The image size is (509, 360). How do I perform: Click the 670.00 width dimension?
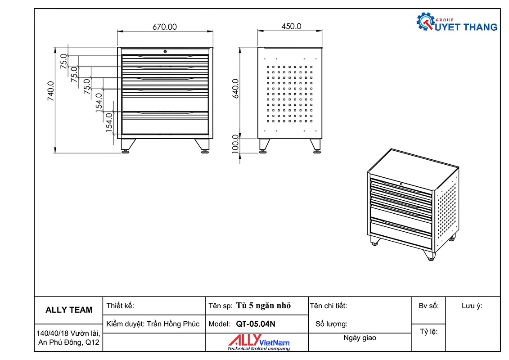[x=165, y=27]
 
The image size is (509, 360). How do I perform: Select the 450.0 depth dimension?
[x=291, y=27]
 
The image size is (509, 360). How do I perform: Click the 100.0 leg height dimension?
[x=235, y=144]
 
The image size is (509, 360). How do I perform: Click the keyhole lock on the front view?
[x=165, y=51]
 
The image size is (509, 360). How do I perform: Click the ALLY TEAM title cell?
[x=69, y=310]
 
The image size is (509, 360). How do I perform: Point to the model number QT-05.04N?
[x=255, y=324]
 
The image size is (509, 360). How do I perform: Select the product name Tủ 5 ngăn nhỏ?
[x=263, y=306]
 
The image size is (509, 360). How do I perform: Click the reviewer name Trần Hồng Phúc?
[x=173, y=324]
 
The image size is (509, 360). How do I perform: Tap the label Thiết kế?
[x=120, y=306]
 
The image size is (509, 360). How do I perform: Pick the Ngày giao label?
[x=360, y=338]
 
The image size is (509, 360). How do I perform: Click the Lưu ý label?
[x=472, y=306]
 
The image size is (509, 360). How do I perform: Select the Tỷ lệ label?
[x=428, y=332]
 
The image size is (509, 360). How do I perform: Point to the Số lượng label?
[x=331, y=324]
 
